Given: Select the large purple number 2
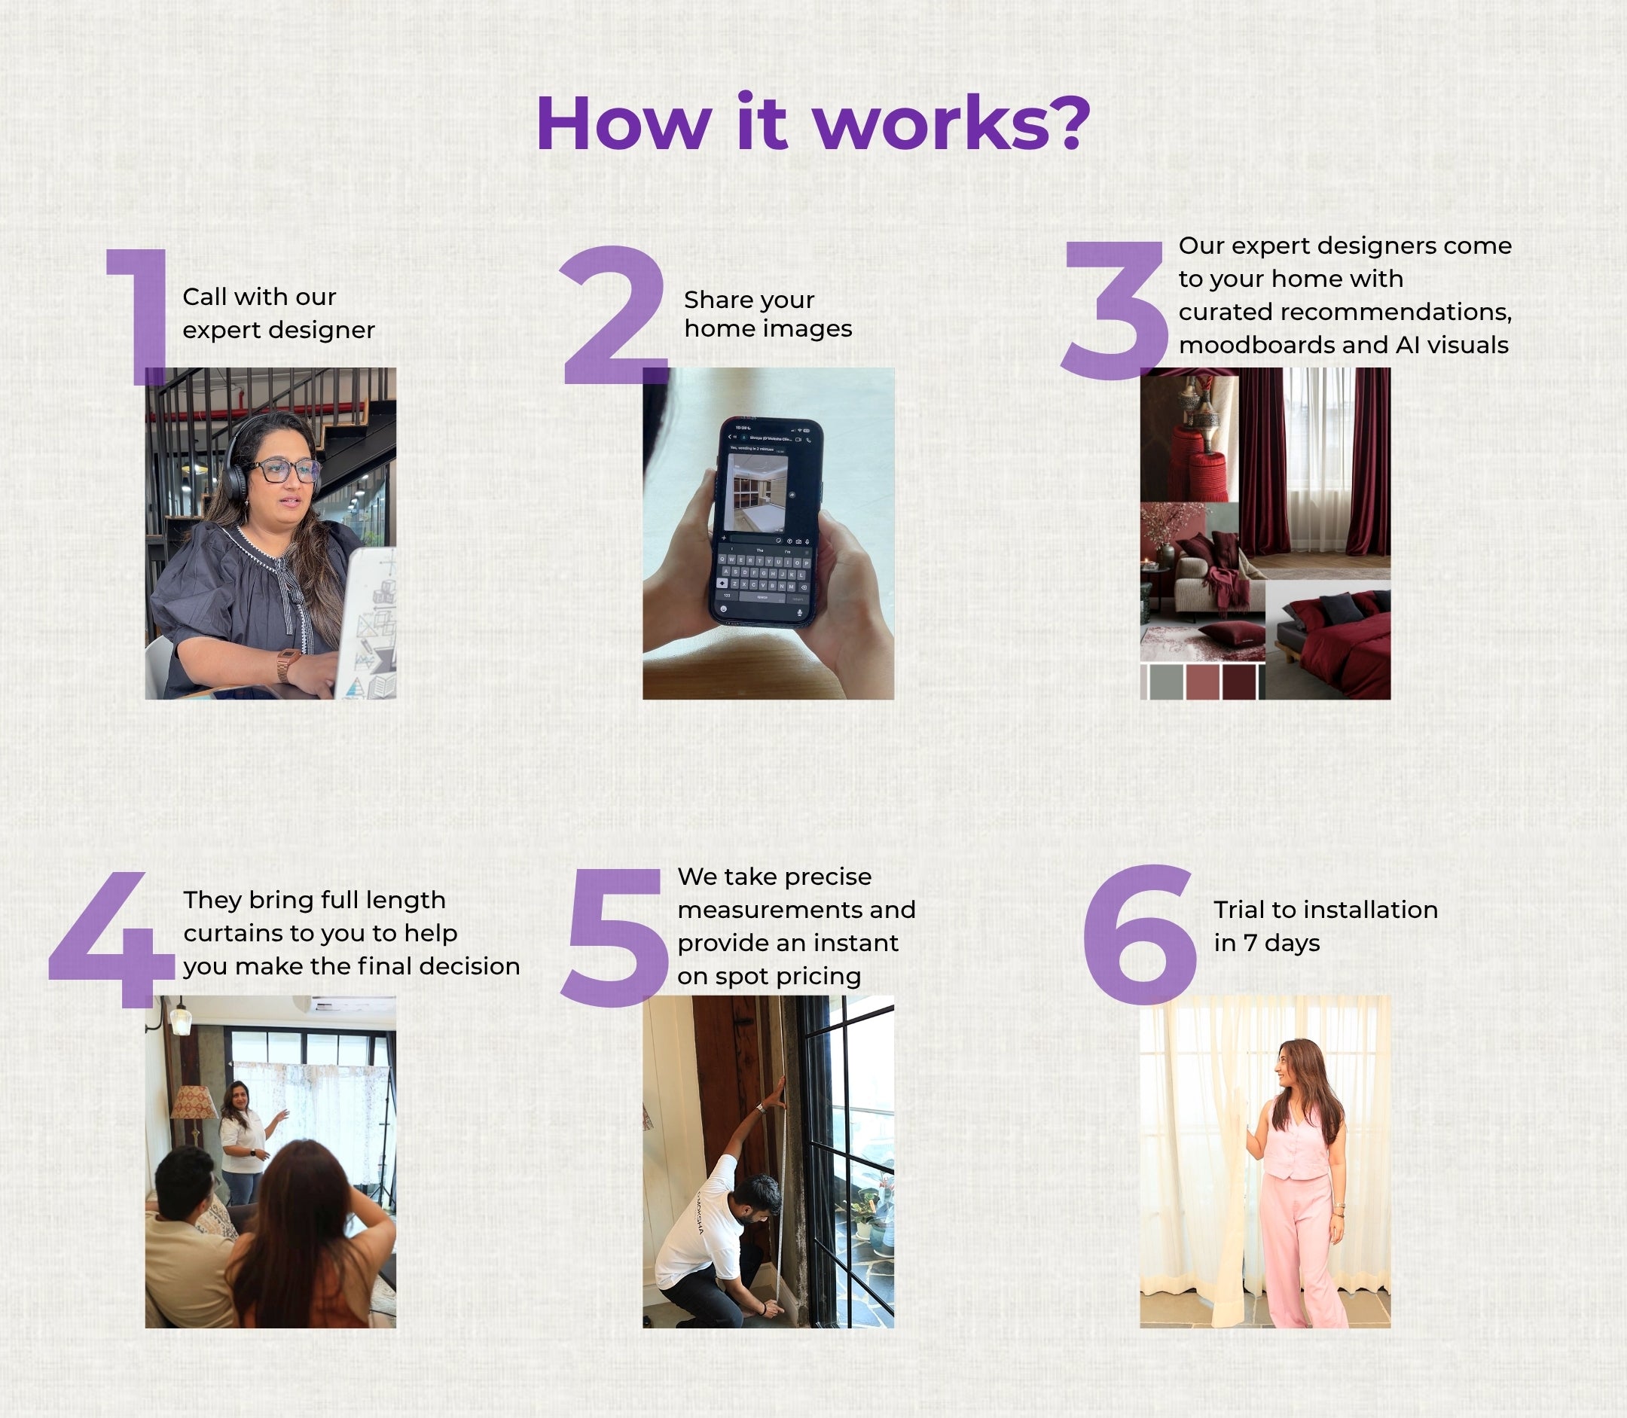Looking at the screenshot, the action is coord(614,315).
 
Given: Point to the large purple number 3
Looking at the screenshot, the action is coord(1114,310).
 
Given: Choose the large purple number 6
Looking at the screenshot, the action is coord(1140,934).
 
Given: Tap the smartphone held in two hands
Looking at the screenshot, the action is coord(766,523).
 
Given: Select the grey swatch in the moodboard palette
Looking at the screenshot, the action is coord(1166,682).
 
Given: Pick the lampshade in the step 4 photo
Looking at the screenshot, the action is coord(194,1102).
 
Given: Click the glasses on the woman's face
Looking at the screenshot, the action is coord(283,471).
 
